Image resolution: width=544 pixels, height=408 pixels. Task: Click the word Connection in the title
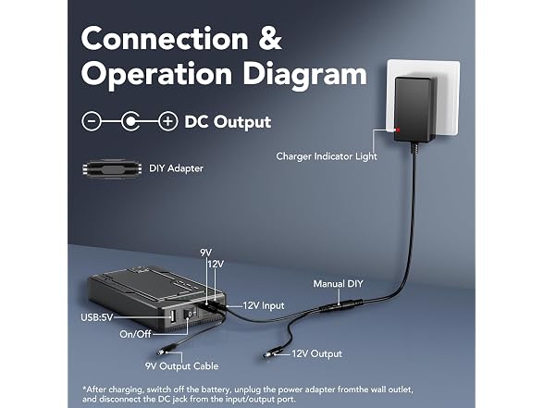tap(165, 39)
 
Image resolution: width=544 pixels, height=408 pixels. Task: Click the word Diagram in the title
tap(304, 76)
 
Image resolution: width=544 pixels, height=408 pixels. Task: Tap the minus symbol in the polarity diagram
tap(92, 121)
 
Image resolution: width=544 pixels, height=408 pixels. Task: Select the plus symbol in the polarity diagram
tap(168, 121)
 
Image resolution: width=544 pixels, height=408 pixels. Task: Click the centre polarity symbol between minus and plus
tap(130, 121)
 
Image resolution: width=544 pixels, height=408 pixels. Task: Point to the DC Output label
tap(228, 122)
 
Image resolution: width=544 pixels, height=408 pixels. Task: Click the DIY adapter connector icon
tap(112, 169)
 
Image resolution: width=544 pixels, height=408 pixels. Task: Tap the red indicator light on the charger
tap(398, 130)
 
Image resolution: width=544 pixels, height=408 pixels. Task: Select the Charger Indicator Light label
tap(327, 156)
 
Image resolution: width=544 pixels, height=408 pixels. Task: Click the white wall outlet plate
tap(424, 98)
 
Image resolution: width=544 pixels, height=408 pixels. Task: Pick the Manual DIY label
tap(338, 284)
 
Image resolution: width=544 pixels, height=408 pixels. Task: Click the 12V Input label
tap(264, 305)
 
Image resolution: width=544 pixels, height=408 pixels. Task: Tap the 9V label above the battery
tap(206, 253)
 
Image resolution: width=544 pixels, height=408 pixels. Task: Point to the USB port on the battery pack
tap(172, 316)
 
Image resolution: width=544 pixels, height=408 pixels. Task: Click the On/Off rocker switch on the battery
tap(191, 314)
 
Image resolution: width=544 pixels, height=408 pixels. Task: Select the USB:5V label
tap(97, 317)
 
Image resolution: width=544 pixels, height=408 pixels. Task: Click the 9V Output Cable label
tap(181, 366)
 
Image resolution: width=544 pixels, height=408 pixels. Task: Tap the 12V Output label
tap(316, 353)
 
